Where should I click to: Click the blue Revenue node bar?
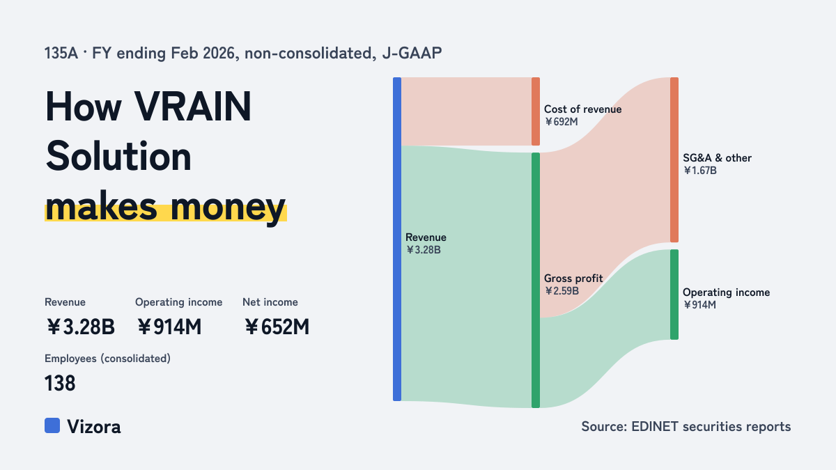pos(397,239)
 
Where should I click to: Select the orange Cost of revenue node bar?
pos(536,111)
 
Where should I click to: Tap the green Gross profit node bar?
pos(536,280)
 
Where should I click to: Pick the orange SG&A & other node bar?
pos(674,159)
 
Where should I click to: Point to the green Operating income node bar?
pos(674,295)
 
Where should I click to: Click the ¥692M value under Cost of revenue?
pos(562,122)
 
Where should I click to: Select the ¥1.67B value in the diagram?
pos(700,171)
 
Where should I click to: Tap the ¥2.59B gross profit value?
pos(562,291)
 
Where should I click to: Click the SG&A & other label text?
pos(718,158)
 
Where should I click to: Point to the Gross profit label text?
pos(573,279)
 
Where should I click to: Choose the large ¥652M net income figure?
pos(277,327)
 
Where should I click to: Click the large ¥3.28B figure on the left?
pos(81,327)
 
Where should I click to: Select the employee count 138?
pos(60,384)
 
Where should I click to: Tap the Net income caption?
pos(270,302)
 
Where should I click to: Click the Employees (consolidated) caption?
pos(107,359)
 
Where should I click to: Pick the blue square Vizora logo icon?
pos(52,425)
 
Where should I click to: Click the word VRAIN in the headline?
pos(192,107)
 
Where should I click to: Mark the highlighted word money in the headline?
pos(228,207)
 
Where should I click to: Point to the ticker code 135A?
pos(61,53)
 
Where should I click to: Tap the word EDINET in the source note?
pos(655,426)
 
